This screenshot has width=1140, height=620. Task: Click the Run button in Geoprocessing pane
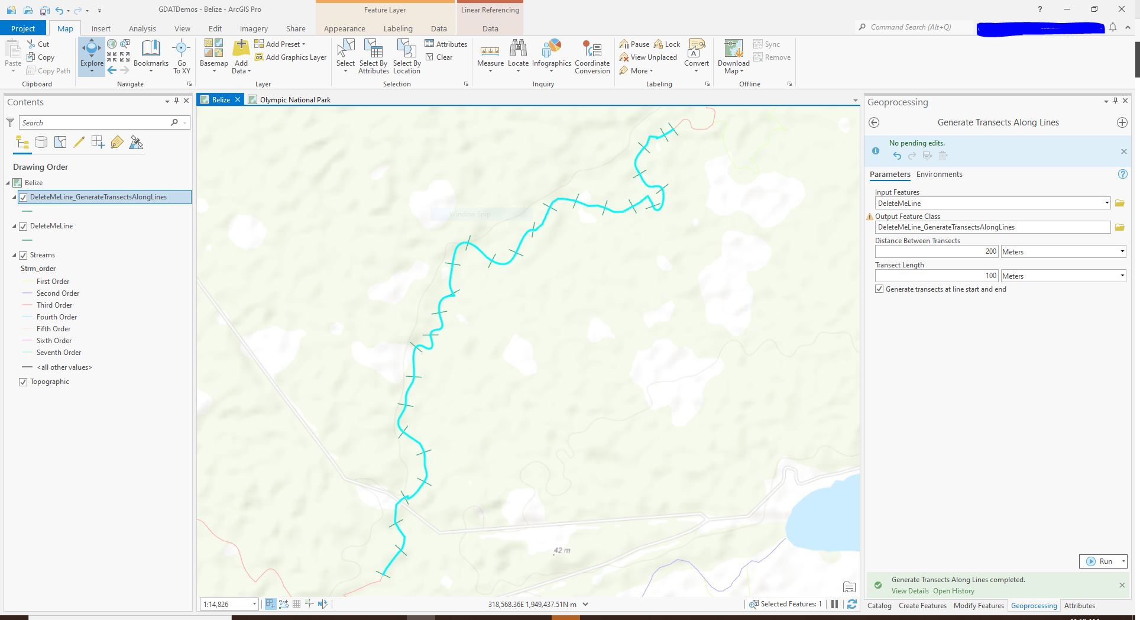tap(1099, 561)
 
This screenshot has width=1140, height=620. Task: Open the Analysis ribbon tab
tap(142, 28)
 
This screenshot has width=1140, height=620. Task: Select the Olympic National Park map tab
tap(294, 100)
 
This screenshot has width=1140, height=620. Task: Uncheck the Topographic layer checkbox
tap(23, 382)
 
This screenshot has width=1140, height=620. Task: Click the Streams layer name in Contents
tap(43, 255)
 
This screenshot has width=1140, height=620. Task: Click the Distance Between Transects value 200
tap(936, 252)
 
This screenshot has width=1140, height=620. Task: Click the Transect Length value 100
tap(936, 276)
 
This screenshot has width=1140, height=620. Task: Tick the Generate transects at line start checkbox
tap(879, 289)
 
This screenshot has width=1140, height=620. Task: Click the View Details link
tap(910, 591)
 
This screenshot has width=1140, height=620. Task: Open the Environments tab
tap(939, 175)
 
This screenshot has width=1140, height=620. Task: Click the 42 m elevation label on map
tap(562, 551)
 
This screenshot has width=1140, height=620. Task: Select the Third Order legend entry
tap(54, 305)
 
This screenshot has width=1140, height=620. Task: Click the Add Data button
tap(241, 57)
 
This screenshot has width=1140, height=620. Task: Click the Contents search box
tap(95, 123)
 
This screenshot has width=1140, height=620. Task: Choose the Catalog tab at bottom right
tap(879, 606)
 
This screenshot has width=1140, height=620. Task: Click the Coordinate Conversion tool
tap(592, 57)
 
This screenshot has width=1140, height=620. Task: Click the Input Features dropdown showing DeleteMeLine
tap(992, 204)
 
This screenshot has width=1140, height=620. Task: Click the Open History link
tap(953, 591)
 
